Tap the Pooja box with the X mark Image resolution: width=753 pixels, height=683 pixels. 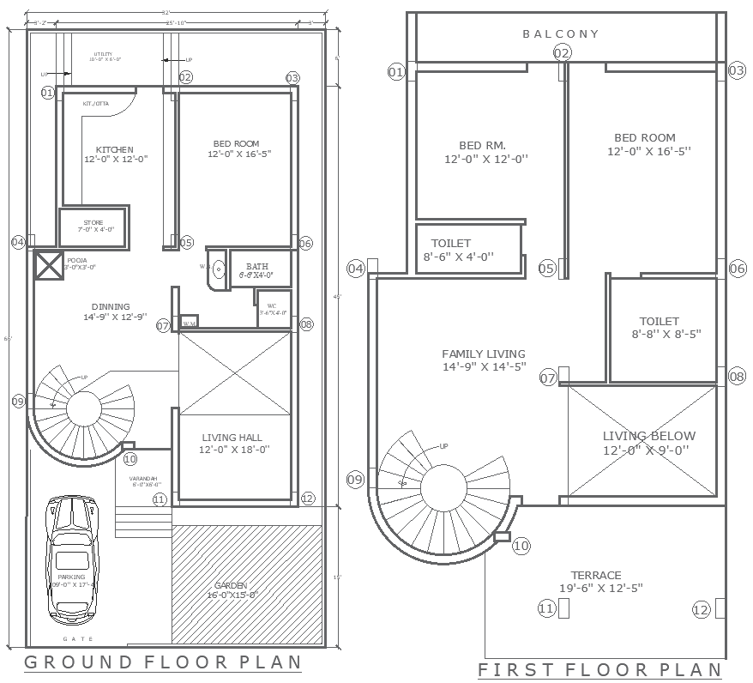(48, 266)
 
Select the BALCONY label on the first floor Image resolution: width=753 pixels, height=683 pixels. (561, 34)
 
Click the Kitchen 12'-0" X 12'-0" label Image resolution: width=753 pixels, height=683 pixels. (115, 154)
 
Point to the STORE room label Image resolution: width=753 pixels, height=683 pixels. (93, 226)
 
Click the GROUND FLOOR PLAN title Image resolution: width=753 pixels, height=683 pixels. (163, 662)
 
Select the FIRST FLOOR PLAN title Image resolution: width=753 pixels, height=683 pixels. (599, 670)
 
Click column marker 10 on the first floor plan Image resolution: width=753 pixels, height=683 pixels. (521, 546)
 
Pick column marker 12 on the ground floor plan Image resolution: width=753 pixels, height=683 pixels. (308, 498)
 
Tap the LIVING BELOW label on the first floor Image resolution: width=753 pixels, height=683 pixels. (648, 443)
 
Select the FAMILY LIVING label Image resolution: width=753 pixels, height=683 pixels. (484, 360)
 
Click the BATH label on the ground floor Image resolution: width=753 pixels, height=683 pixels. (258, 270)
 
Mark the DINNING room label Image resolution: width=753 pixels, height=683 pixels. (111, 311)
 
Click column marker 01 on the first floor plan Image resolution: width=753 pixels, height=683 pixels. (395, 72)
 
